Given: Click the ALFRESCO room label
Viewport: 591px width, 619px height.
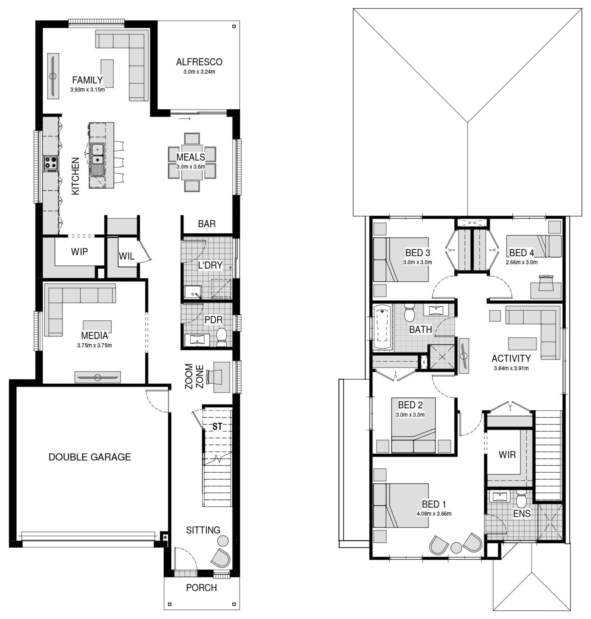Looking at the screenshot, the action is click(x=199, y=62).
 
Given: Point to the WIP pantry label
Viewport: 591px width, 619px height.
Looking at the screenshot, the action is click(x=79, y=251).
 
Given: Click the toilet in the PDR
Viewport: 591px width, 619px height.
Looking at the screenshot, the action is click(x=222, y=337).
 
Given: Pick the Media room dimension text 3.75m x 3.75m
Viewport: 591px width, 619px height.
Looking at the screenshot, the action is click(x=94, y=345).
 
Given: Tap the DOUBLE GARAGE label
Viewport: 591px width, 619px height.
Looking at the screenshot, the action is click(x=89, y=457).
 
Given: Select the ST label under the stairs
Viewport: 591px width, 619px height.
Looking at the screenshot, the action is click(x=217, y=426).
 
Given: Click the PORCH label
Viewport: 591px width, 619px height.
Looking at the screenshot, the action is click(x=202, y=588).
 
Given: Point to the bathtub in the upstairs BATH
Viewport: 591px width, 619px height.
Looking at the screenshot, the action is click(x=383, y=327).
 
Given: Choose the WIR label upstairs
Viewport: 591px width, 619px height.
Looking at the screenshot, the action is click(x=507, y=455).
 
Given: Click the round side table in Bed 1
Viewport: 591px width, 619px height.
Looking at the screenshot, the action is click(x=456, y=548).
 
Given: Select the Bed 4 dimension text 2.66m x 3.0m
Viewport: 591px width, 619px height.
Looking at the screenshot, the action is click(x=522, y=262).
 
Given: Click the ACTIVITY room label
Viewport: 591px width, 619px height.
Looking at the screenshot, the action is click(x=511, y=358).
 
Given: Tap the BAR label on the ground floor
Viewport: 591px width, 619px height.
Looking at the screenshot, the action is click(x=207, y=224).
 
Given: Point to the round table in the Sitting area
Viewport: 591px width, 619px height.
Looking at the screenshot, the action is click(x=222, y=540).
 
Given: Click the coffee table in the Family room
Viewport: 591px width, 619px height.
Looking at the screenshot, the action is click(x=107, y=73).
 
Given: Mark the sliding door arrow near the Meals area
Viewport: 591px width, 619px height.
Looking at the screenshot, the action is click(x=185, y=119).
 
